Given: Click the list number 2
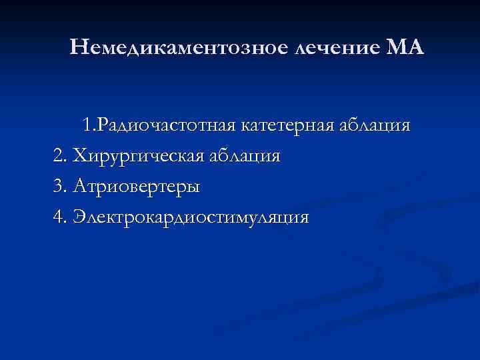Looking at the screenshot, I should pos(58,157).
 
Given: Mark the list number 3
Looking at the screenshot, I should pos(58,187).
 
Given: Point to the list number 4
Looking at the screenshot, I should pos(58,218).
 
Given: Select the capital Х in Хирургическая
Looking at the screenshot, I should pos(79,157).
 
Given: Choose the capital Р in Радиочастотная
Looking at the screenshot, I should pos(121,125).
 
